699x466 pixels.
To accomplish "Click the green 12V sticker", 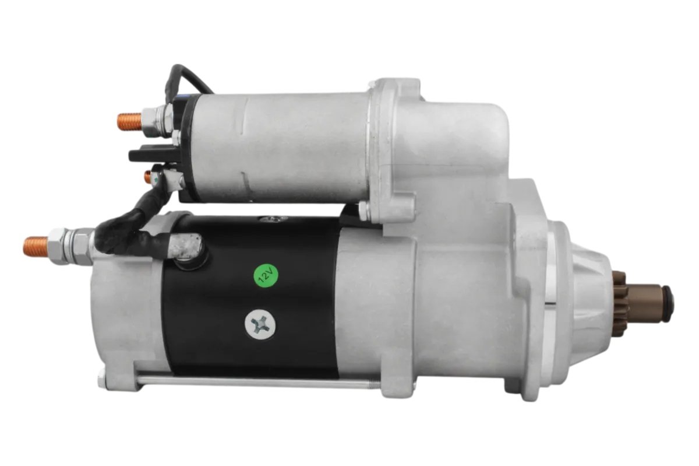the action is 265,276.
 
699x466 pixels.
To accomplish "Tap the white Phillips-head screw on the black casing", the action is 260,324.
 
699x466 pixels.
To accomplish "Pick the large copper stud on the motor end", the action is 37,246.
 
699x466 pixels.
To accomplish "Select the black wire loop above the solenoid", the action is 185,82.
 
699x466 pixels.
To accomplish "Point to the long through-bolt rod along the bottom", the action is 256,383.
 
